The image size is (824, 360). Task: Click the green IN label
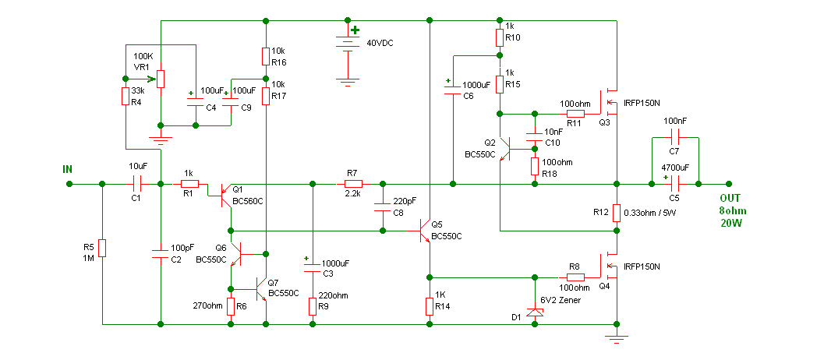[67, 169]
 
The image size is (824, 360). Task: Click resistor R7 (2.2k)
[353, 184]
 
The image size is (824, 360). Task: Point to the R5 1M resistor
[102, 248]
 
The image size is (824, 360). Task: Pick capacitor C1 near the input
[138, 184]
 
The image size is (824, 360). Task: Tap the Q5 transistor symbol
[425, 230]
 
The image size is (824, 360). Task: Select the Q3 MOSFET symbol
[610, 101]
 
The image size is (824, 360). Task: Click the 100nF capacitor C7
[675, 138]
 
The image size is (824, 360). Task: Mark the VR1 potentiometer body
[161, 79]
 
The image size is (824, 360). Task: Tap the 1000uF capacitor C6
[452, 90]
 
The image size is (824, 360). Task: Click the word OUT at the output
[729, 199]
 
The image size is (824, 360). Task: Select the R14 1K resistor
[430, 306]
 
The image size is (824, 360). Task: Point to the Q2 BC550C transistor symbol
[504, 149]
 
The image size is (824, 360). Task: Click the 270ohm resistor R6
[230, 306]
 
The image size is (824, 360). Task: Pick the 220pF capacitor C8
[382, 207]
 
